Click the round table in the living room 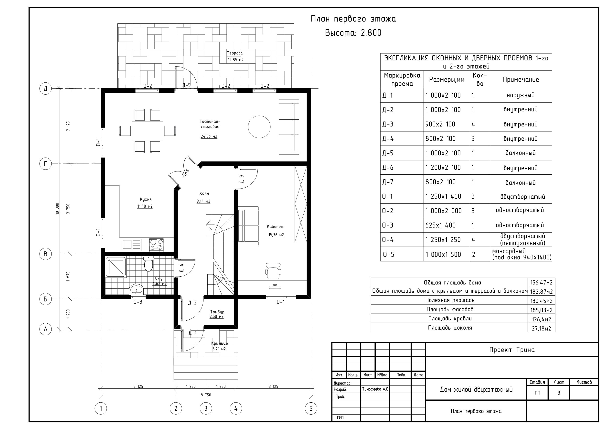click(x=259, y=127)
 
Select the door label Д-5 click(x=186, y=85)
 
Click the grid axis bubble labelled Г click(x=45, y=164)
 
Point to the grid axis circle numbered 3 click(x=206, y=408)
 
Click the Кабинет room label click(x=275, y=226)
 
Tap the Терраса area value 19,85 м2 click(x=236, y=60)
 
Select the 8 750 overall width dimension click(x=206, y=395)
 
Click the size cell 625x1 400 click(x=440, y=225)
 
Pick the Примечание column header click(x=521, y=79)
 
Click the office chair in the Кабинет click(x=273, y=271)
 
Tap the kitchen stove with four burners click(x=156, y=245)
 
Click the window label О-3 click(x=138, y=302)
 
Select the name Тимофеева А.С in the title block click(x=375, y=389)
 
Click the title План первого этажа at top click(x=353, y=19)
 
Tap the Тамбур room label click(x=217, y=312)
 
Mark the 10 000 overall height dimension click(x=57, y=209)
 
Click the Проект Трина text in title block click(x=512, y=350)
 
